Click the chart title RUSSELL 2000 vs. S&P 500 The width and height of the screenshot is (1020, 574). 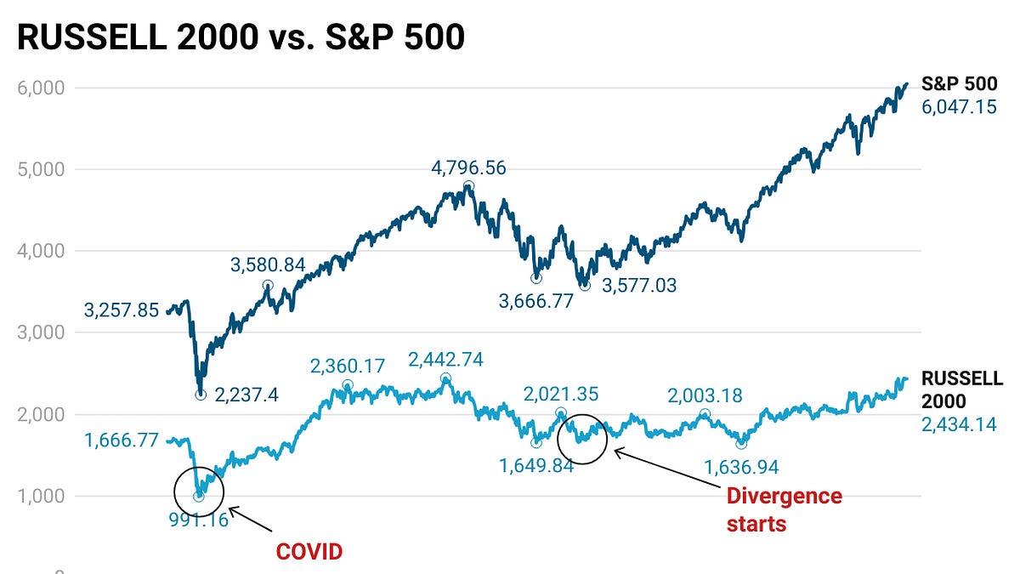241,38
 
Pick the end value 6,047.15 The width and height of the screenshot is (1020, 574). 960,107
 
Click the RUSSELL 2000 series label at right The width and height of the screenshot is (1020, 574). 962,389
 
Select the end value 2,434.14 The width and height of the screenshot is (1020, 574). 960,423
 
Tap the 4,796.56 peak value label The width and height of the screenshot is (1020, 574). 468,168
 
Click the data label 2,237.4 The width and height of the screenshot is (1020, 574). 252,395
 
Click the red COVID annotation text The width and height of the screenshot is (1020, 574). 308,552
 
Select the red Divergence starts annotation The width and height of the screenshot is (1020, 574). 783,509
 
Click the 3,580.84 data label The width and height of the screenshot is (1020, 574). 268,265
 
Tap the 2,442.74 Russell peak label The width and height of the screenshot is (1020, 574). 445,360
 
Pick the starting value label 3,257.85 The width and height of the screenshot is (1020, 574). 122,310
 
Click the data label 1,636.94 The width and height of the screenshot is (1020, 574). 741,467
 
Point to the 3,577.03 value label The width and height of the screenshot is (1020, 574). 639,286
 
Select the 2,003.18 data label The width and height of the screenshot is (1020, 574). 705,395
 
